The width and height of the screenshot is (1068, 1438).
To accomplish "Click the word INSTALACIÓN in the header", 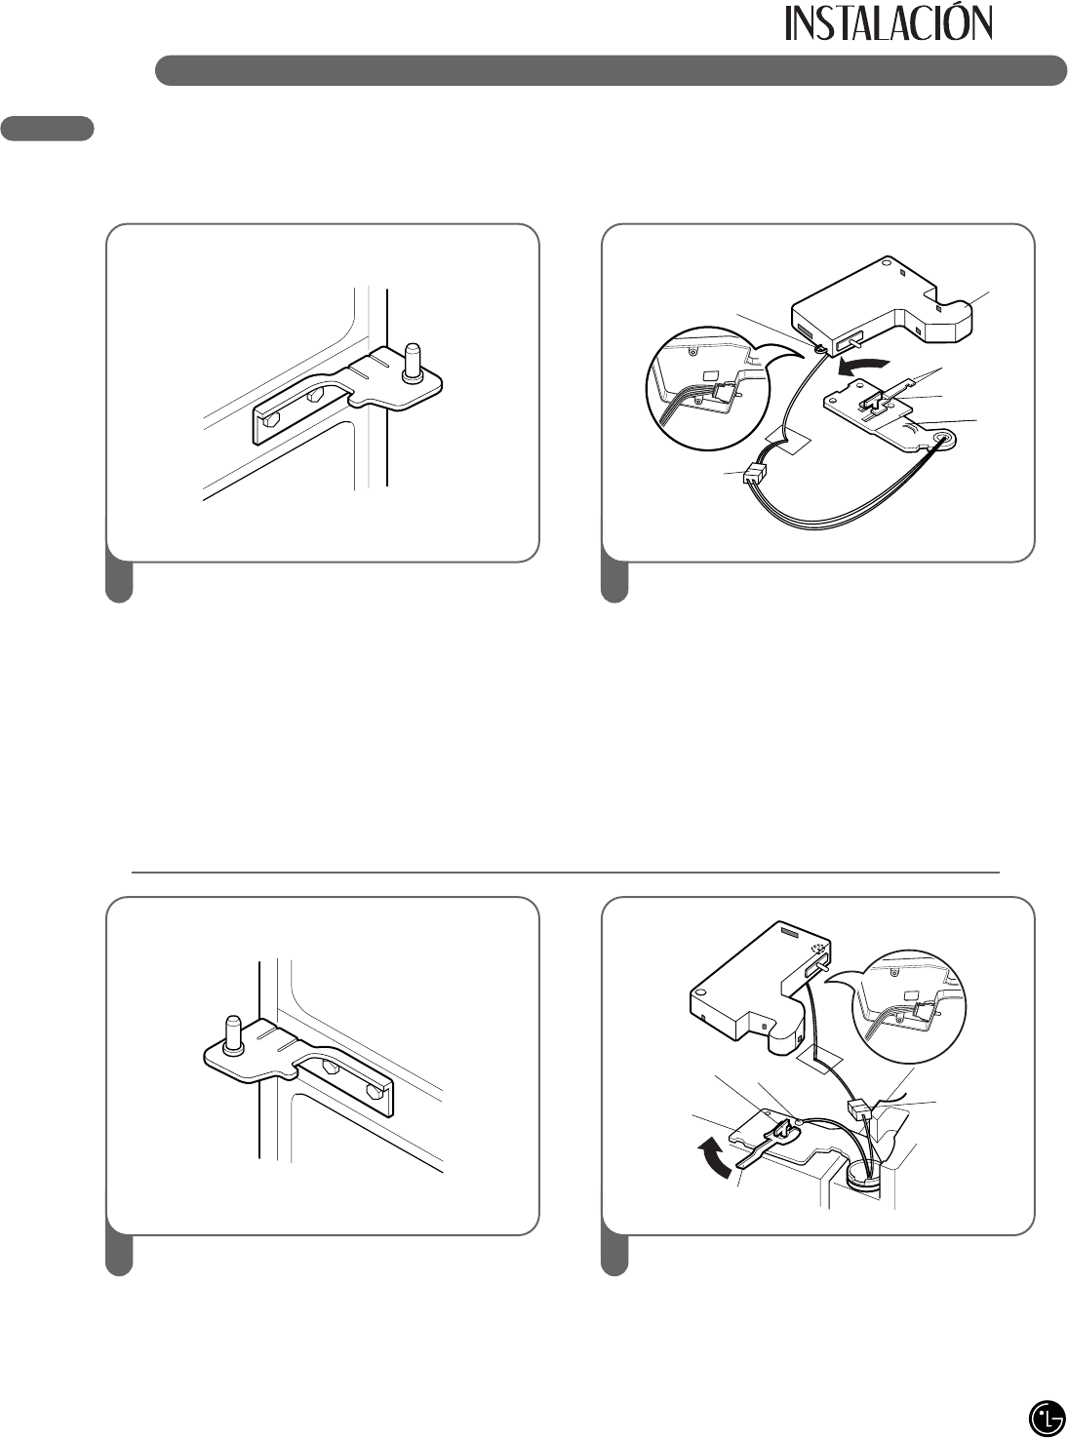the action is click(x=889, y=23).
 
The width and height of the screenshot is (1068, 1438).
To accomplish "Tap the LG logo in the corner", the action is click(x=1046, y=1415).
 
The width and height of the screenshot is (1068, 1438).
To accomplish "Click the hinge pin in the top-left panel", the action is click(x=412, y=361).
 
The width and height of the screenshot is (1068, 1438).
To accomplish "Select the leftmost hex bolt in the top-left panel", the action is click(x=270, y=421).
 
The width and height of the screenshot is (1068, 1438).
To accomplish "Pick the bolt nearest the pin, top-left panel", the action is click(x=316, y=394).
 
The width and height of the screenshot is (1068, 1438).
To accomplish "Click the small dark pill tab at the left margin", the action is click(x=48, y=129).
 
